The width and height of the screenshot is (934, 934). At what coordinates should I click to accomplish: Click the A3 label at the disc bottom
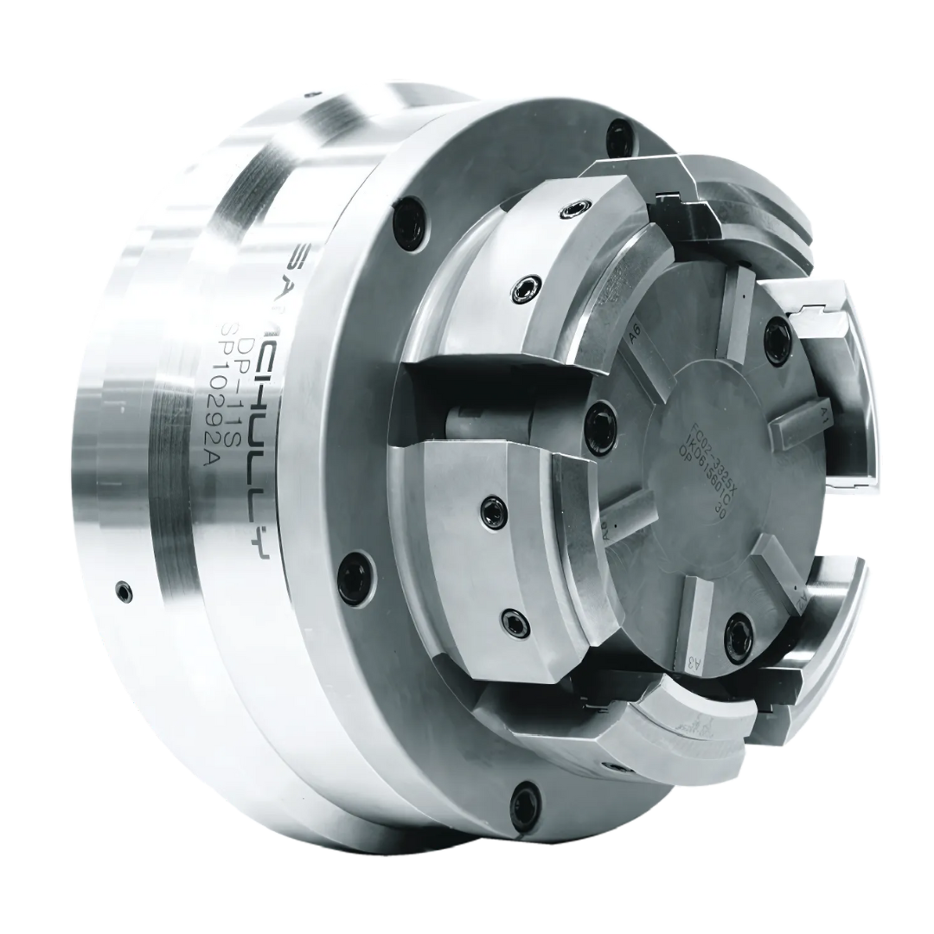(693, 662)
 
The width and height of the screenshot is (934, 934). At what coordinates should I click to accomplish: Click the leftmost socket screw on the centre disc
(594, 419)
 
